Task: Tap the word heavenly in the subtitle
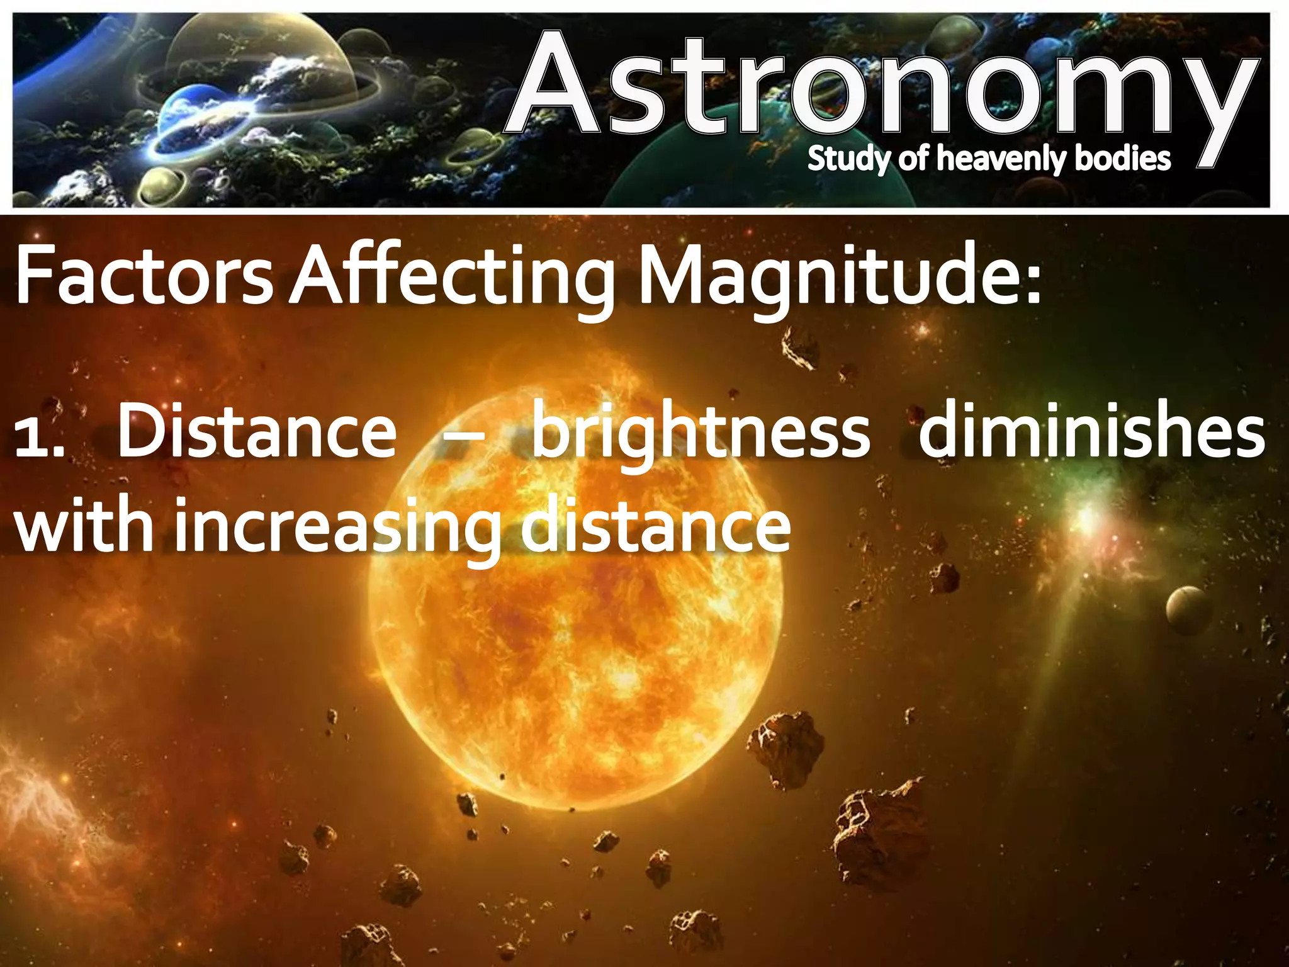[x=1001, y=159]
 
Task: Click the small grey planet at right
[x=1189, y=608]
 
